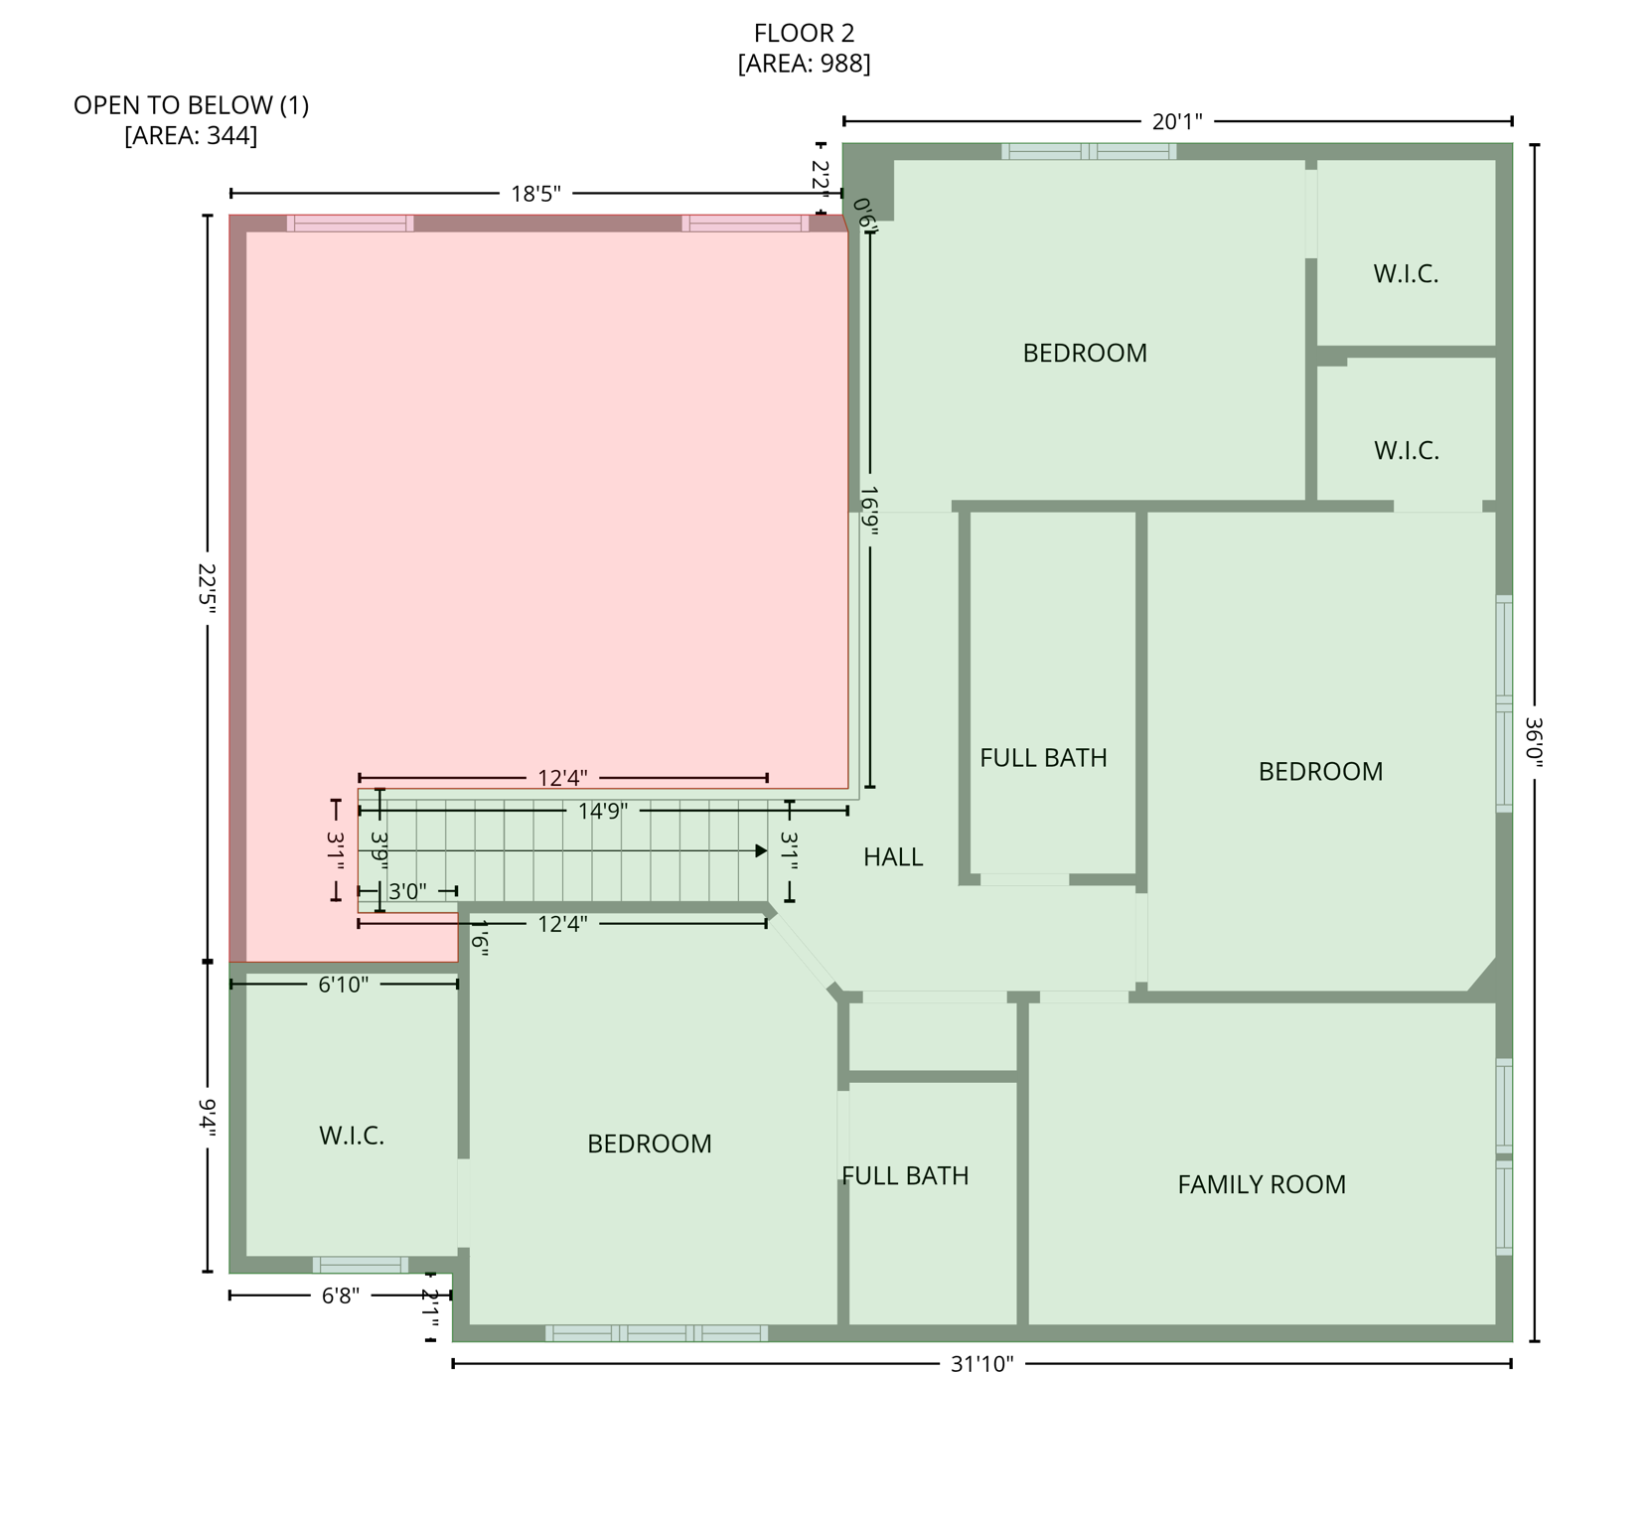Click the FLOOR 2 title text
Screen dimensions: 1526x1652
pos(804,34)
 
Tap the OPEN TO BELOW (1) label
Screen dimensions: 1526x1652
pos(191,105)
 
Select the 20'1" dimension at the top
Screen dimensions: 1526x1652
pos(1177,122)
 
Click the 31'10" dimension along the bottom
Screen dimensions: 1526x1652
pos(981,1364)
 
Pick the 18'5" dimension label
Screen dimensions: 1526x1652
pos(535,194)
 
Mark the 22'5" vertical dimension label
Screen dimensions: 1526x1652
pos(207,591)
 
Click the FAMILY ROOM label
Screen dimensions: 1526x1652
pos(1261,1184)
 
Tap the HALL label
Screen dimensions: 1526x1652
pos(892,857)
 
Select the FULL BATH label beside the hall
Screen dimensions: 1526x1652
pos(1043,758)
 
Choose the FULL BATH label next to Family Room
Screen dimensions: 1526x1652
pos(905,1176)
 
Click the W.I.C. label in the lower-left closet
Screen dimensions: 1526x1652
pos(351,1136)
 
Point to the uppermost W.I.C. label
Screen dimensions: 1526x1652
pos(1406,274)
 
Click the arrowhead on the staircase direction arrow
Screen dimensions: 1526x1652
pos(761,851)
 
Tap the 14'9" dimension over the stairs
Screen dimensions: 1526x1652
pos(603,812)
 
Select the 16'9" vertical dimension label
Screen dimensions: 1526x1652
pos(869,511)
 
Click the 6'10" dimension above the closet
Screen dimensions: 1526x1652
pos(344,985)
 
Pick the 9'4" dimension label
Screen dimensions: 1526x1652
pos(207,1115)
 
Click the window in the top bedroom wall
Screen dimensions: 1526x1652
pos(1088,152)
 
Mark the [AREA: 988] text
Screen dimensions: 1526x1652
pos(804,65)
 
